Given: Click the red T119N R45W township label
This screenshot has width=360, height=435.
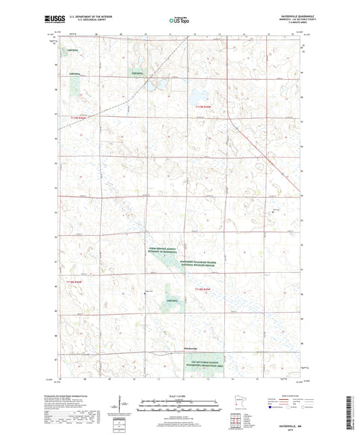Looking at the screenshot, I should [203, 107].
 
